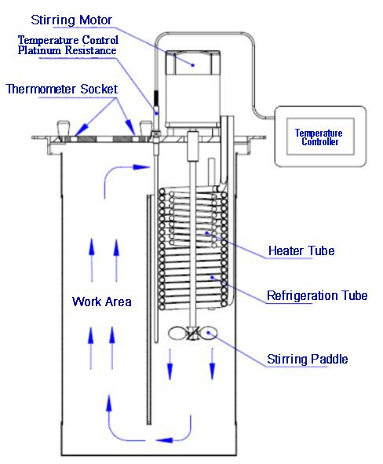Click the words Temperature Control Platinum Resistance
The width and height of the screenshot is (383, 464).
tap(67, 46)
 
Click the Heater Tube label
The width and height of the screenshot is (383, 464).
tap(301, 251)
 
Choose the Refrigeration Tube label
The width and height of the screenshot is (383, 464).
tap(317, 296)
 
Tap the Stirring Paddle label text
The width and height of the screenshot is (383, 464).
tap(305, 359)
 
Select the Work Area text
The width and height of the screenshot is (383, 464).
tap(102, 301)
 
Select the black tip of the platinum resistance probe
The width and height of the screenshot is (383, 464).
tap(157, 100)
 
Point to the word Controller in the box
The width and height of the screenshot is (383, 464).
tap(321, 143)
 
